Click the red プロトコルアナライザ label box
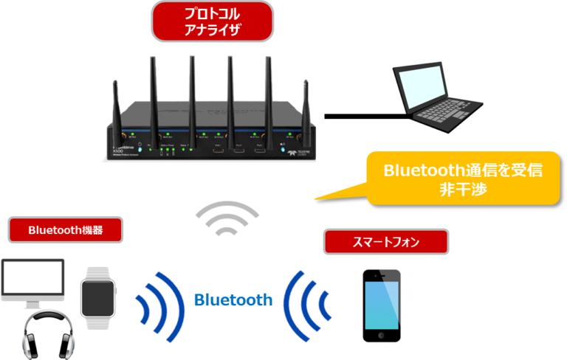pos(211,21)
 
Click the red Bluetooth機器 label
pos(65,229)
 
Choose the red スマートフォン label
pos(386,241)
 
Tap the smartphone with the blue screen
pos(381,305)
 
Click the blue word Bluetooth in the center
pos(233,300)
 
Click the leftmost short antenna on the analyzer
pos(116,111)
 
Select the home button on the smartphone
pos(381,337)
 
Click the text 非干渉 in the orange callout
pos(463,188)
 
